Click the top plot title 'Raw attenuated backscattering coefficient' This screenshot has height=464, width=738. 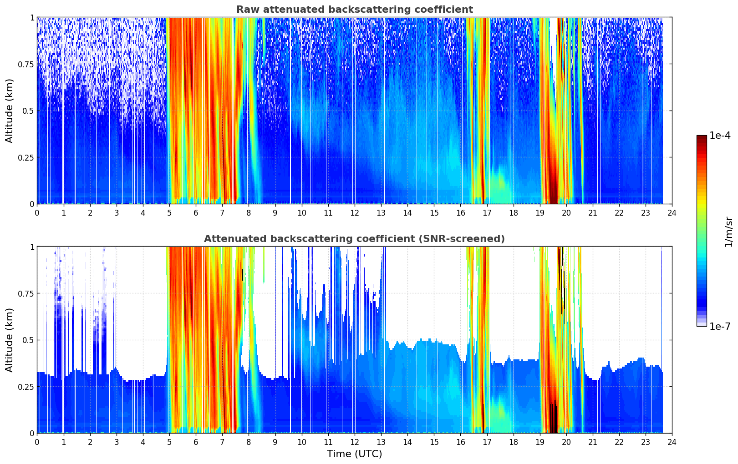pyautogui.click(x=354, y=10)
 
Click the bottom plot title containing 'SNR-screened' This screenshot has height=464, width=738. pyautogui.click(x=354, y=239)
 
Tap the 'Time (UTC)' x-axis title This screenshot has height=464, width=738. pyautogui.click(x=354, y=454)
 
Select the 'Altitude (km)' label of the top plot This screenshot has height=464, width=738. pyautogui.click(x=10, y=111)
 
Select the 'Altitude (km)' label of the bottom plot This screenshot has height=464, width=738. pyautogui.click(x=10, y=340)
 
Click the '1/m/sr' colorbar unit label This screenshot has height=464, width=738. pyautogui.click(x=728, y=232)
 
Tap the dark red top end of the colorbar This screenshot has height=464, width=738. pyautogui.click(x=701, y=138)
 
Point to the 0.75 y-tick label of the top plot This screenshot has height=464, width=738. pyautogui.click(x=26, y=64)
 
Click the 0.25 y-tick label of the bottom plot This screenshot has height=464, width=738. pyautogui.click(x=26, y=387)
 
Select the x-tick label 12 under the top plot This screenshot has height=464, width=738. pyautogui.click(x=354, y=212)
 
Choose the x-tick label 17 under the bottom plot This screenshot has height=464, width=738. pyautogui.click(x=487, y=442)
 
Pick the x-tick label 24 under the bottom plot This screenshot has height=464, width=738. pyautogui.click(x=672, y=442)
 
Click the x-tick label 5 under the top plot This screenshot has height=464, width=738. pyautogui.click(x=169, y=212)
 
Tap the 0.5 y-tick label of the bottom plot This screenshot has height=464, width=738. pyautogui.click(x=29, y=340)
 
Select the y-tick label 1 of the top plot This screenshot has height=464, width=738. pyautogui.click(x=32, y=17)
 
